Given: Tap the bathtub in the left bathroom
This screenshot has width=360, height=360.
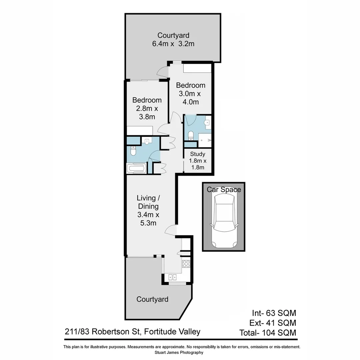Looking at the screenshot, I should tap(136, 168).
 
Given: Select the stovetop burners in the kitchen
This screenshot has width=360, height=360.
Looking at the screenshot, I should tap(186, 264).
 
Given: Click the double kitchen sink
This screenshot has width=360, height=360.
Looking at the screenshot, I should tap(173, 276).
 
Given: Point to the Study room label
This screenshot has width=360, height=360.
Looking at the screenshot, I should tap(198, 154).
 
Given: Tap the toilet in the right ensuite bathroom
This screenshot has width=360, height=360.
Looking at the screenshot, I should tap(191, 135).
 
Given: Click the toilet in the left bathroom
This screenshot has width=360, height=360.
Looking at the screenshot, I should tap(133, 152).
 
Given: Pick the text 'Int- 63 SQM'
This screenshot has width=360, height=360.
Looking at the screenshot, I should tap(274, 313).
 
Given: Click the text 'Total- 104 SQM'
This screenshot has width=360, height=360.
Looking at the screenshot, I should tap(268, 332).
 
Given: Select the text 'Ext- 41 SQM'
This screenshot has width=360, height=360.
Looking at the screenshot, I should tap(273, 323).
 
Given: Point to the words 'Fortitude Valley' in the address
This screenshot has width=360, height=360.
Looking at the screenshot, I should tap(173, 332).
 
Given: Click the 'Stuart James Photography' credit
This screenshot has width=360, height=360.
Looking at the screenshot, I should tap(179, 352).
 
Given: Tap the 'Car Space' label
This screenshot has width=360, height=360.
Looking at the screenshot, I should tap(224, 190).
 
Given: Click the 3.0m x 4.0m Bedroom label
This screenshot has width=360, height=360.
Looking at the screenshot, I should tap(191, 93).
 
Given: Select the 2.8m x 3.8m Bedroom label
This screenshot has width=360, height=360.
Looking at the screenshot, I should tap(147, 108).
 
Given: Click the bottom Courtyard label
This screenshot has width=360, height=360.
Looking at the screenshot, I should tap(152, 299).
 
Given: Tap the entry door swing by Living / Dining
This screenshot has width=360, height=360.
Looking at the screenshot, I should tap(171, 230).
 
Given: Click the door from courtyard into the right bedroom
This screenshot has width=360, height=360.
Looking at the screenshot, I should tap(164, 71).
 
